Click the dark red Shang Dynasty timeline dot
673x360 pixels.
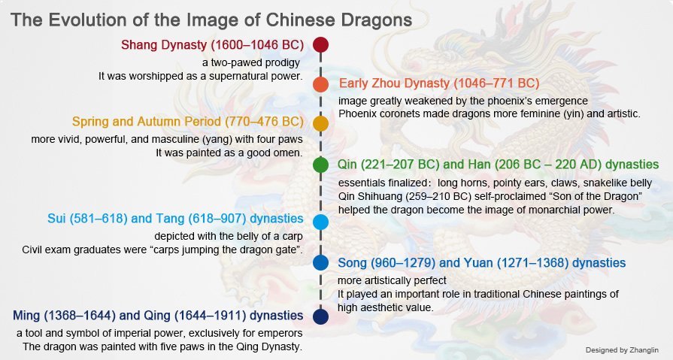(x=320, y=44)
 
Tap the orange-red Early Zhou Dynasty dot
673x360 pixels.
(x=320, y=84)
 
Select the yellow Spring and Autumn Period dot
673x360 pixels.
(x=320, y=123)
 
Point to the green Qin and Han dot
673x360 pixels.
(x=320, y=165)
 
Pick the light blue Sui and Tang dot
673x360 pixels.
(x=320, y=222)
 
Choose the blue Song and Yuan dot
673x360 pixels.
(x=320, y=262)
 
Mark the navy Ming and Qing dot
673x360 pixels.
(x=320, y=316)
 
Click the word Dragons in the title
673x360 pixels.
(x=376, y=20)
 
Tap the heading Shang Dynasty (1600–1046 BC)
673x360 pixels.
(x=213, y=45)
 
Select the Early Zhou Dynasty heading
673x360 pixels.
(x=439, y=83)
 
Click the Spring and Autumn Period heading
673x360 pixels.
(x=187, y=122)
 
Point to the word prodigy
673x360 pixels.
(x=282, y=63)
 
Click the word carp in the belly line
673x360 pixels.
(x=293, y=237)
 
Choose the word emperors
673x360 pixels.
(x=282, y=334)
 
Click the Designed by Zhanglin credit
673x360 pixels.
(x=622, y=350)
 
